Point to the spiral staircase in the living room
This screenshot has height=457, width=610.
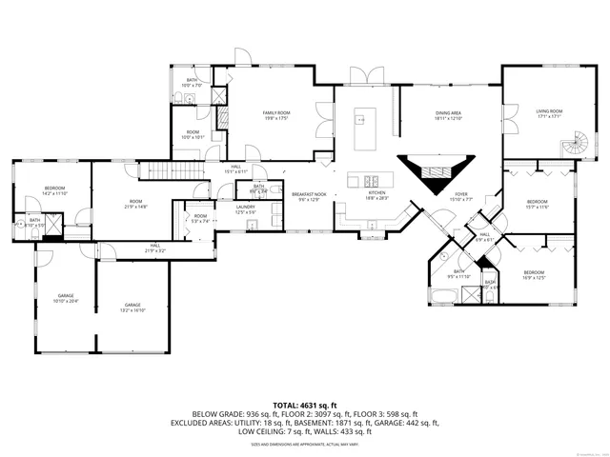[x=575, y=149]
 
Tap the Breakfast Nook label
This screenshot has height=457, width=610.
[x=308, y=193]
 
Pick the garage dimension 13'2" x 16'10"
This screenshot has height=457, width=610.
[x=132, y=310]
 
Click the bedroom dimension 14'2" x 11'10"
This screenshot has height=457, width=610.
[x=54, y=194]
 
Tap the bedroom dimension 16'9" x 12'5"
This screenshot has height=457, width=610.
[x=534, y=278]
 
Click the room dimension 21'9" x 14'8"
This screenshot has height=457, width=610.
[x=135, y=207]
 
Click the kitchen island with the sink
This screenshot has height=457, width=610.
[x=364, y=180]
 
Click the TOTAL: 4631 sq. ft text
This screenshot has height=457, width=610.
[x=304, y=406]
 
